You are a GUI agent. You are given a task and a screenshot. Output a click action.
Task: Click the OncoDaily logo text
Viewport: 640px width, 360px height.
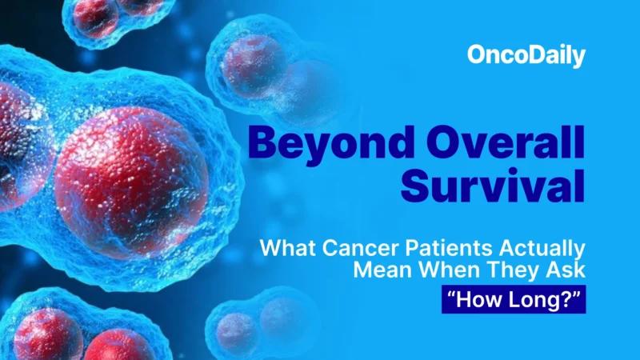(x=526, y=56)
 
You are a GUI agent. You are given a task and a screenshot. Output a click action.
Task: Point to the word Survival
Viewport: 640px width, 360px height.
(x=493, y=186)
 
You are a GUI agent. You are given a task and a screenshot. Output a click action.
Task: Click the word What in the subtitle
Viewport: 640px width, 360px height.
(x=286, y=247)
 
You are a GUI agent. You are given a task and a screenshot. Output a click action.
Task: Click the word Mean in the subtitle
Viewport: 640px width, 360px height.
(x=379, y=269)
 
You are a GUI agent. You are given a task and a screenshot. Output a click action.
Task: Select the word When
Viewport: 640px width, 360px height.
(x=436, y=269)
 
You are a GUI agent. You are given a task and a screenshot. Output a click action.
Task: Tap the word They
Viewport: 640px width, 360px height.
(x=499, y=269)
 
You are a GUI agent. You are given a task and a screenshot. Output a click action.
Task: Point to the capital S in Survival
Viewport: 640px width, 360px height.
(x=417, y=186)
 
